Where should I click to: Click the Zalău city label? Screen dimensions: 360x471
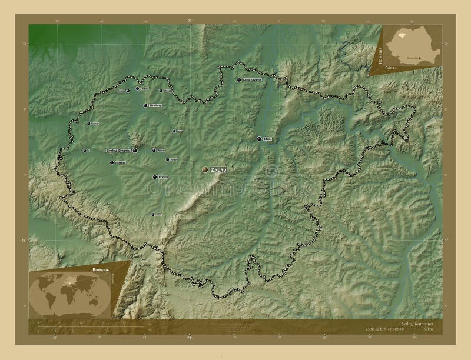tap(218, 169)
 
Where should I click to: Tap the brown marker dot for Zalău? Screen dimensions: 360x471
tap(205, 169)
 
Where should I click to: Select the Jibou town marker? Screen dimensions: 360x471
tap(260, 139)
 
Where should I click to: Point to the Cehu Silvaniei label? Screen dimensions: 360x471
tap(252, 80)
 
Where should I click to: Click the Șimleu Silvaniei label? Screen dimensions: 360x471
tap(118, 151)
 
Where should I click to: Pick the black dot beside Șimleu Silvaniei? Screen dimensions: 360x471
tap(135, 151)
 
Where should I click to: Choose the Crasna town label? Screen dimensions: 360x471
tap(163, 177)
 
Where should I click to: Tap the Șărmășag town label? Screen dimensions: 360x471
tap(155, 105)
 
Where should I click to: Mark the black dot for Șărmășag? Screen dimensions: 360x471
tap(145, 105)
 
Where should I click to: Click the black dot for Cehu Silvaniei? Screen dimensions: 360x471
tap(239, 80)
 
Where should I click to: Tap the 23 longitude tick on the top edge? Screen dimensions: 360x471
tap(190, 21)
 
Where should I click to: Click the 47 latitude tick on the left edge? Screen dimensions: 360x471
tap(25, 240)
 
